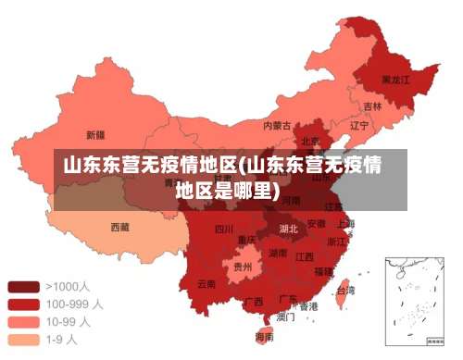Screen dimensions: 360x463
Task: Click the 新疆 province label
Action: (94, 133)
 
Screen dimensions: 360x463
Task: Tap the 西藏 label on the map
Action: (119, 226)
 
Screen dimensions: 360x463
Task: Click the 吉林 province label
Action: (371, 106)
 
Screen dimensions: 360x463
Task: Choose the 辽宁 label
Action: (359, 124)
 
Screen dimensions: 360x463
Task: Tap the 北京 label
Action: (309, 142)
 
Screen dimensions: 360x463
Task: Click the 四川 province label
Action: (224, 229)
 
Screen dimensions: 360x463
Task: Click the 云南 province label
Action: (206, 283)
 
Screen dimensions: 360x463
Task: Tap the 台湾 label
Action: (344, 289)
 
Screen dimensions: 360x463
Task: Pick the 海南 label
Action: (263, 337)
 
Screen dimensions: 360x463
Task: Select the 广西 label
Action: (253, 301)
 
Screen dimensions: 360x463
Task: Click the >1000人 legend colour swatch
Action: (23, 286)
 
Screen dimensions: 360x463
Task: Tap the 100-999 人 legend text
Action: (74, 304)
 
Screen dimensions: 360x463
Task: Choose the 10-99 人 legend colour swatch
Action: (23, 321)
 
